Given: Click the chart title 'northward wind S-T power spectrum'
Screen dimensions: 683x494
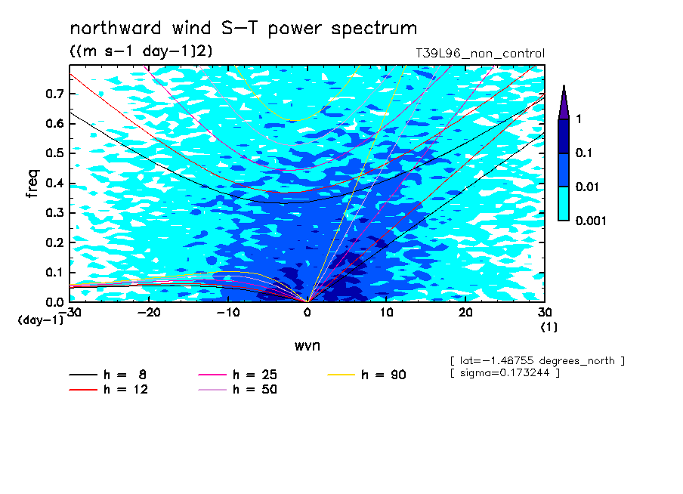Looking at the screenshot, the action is [243, 29].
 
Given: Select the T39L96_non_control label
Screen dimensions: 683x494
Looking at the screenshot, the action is [480, 54].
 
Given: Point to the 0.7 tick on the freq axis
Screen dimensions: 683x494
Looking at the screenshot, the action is [54, 94].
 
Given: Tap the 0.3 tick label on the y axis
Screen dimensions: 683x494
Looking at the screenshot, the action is [54, 212].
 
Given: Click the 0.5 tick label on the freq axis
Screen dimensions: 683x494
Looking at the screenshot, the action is [54, 153].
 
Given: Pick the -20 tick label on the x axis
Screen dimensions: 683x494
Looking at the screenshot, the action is [149, 313].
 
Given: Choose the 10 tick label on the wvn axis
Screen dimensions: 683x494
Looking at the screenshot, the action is [386, 313].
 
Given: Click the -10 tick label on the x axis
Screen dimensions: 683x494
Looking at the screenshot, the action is [228, 313].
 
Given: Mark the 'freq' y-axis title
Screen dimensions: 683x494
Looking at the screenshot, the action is [32, 184].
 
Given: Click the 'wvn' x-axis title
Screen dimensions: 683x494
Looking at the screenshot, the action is [308, 346].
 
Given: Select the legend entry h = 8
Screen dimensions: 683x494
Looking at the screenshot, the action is [107, 375].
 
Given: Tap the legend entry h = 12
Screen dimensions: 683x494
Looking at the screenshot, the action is [109, 389].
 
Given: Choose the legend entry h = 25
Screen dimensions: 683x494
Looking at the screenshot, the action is [237, 375].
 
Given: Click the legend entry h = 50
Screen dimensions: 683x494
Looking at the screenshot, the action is [237, 389].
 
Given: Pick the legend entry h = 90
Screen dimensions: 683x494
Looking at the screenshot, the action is [366, 375].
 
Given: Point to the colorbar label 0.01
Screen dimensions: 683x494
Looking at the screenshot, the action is [587, 187].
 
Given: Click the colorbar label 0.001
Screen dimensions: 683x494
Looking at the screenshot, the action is [591, 221].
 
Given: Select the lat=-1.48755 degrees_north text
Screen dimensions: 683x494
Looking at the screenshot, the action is [537, 361].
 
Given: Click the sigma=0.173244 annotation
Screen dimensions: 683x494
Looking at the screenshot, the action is [505, 372].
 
